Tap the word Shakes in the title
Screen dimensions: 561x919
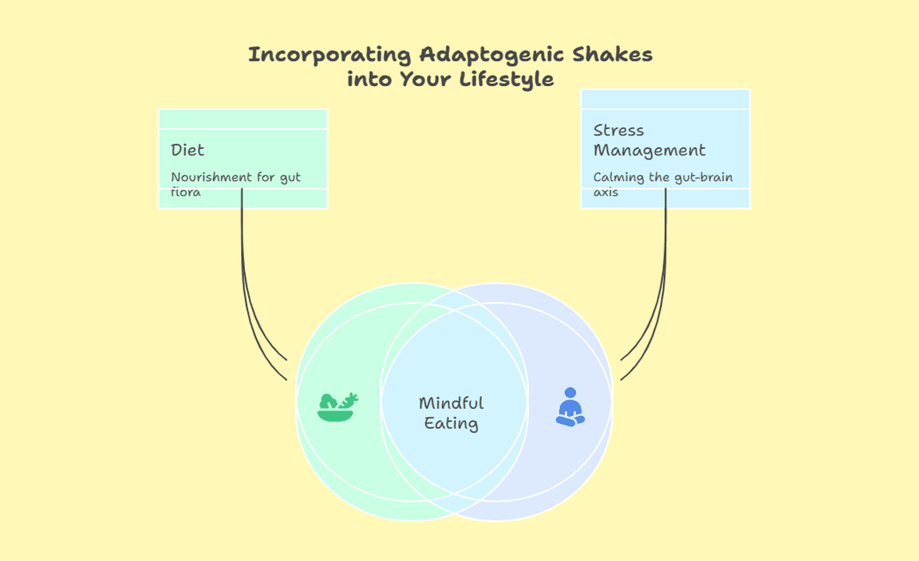pos(616,55)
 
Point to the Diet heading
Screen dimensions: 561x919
pos(187,150)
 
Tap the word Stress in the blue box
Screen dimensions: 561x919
pos(618,131)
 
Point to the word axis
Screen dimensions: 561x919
pos(605,192)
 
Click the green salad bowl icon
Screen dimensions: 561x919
pos(337,406)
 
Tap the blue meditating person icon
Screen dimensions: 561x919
pos(570,407)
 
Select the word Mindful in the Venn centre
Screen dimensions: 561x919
pos(451,403)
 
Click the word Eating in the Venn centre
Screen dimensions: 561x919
pos(451,424)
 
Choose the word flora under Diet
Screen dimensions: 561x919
pos(185,192)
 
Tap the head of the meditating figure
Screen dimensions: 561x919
pos(570,392)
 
